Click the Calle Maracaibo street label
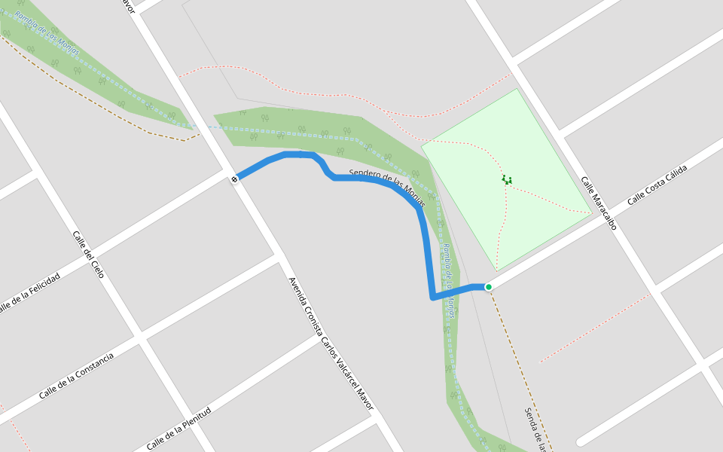(599, 203)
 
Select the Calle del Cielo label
(88, 254)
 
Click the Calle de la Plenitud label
(178, 428)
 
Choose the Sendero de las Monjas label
(387, 189)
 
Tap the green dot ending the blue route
(489, 287)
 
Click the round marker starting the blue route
(235, 179)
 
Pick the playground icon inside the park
(507, 180)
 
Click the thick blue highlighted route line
(424, 234)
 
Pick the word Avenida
(295, 289)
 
